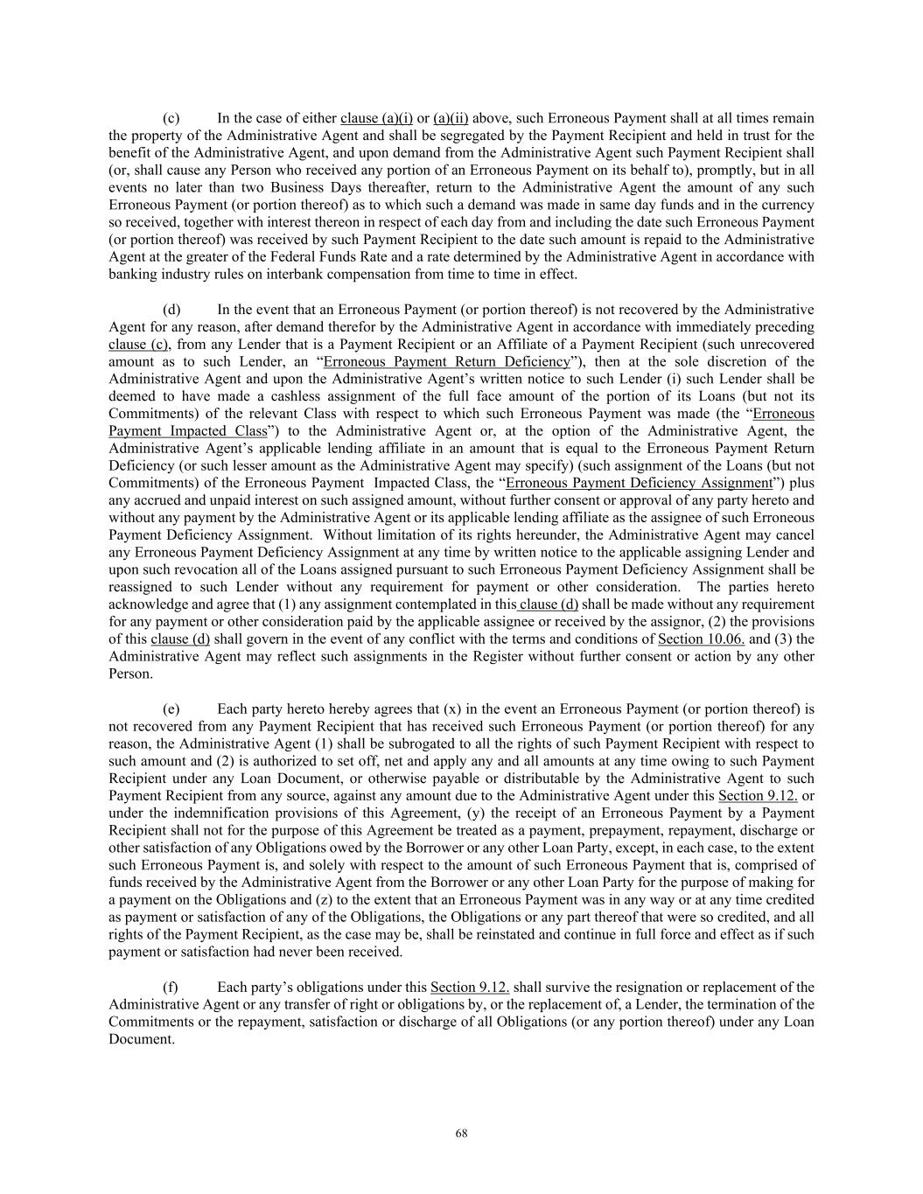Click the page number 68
(461, 1134)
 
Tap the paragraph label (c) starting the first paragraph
(171, 118)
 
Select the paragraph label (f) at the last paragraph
(171, 988)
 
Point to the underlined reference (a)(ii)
(451, 118)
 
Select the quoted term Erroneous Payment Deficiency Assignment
(639, 483)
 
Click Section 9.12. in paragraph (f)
(470, 988)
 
